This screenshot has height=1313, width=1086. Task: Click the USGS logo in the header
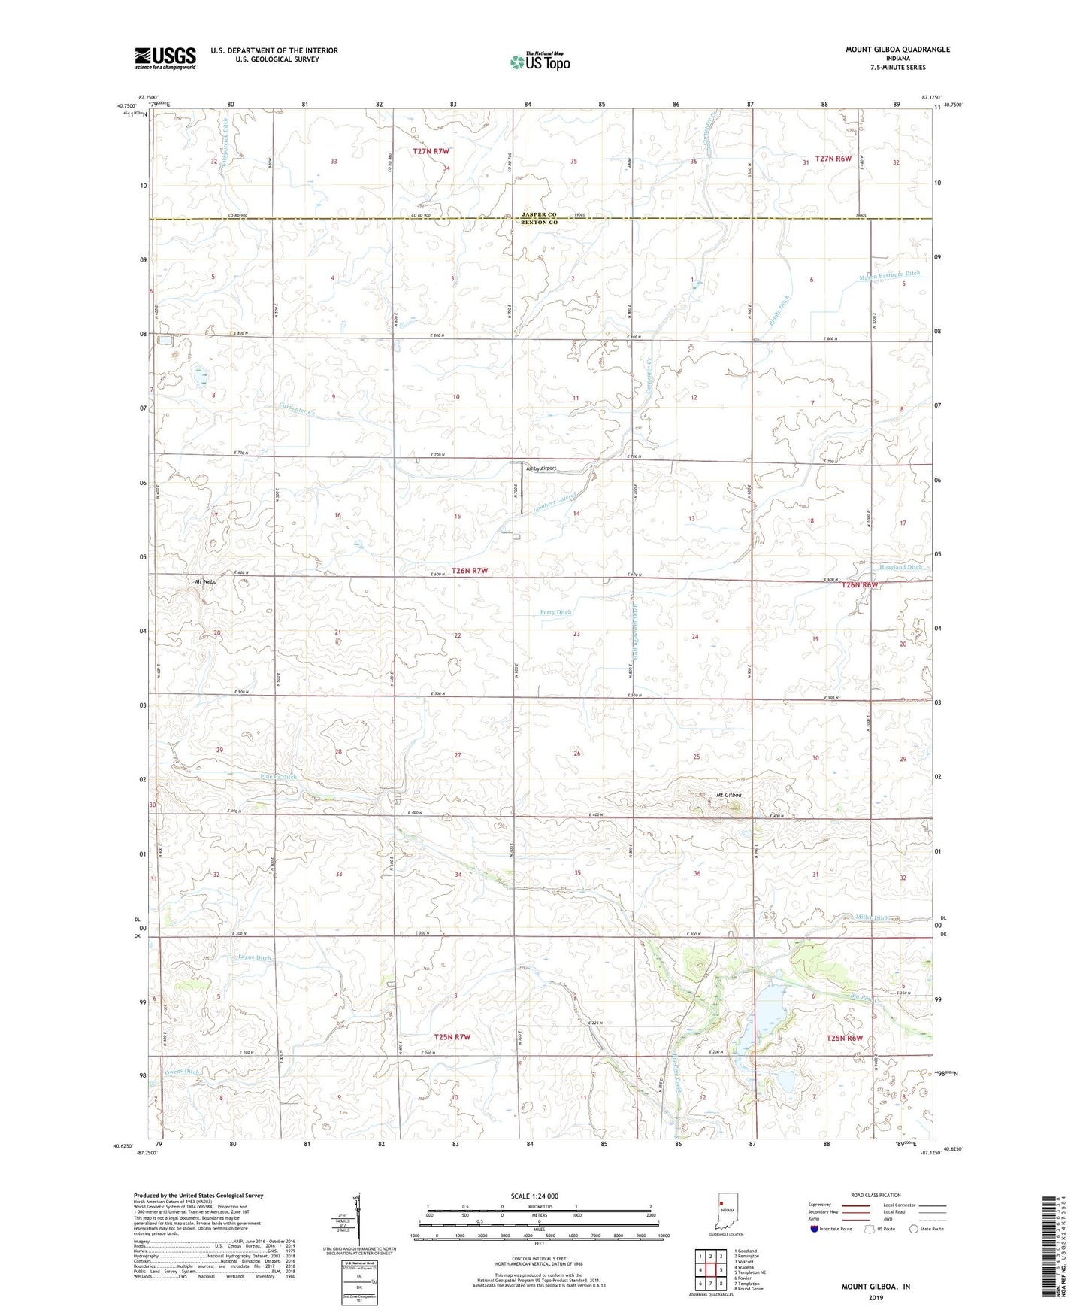click(x=165, y=57)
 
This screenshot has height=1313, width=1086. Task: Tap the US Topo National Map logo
click(x=540, y=61)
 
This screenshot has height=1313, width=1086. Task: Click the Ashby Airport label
click(x=541, y=468)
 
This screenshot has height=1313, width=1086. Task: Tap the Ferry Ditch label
click(x=556, y=612)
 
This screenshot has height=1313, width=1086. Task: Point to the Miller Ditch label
click(x=872, y=918)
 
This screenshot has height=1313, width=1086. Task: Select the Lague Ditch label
click(x=254, y=957)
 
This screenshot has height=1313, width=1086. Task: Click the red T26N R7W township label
click(x=470, y=571)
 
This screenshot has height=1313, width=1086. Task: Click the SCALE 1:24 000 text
click(x=534, y=1196)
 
